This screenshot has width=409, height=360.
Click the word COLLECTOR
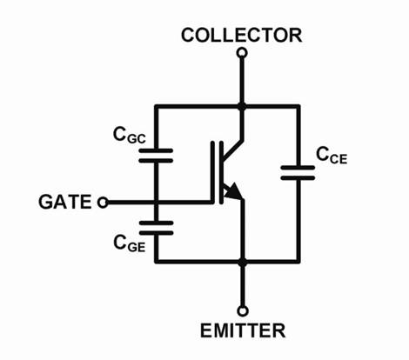point(241,35)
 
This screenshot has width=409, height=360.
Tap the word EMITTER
point(243,330)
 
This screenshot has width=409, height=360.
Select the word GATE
point(65,202)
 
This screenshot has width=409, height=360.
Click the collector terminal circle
point(242,53)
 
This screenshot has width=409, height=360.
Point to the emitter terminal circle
point(243,311)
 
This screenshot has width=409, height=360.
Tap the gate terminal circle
point(103,203)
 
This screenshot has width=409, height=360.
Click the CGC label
point(129,136)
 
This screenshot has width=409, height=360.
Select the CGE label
point(129,243)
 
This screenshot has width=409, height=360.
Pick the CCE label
point(332,155)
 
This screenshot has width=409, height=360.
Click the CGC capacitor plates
point(156,156)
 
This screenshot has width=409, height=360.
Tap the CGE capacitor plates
point(156,228)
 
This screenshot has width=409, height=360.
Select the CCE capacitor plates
point(298,173)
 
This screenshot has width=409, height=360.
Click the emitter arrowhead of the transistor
point(233,191)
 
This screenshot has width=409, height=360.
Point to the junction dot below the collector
point(242,106)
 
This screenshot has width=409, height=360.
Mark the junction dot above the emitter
point(243,263)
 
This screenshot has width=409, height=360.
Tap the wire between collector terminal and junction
point(242,80)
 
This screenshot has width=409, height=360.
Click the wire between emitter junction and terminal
point(243,286)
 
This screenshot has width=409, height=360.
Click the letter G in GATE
point(45,202)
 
